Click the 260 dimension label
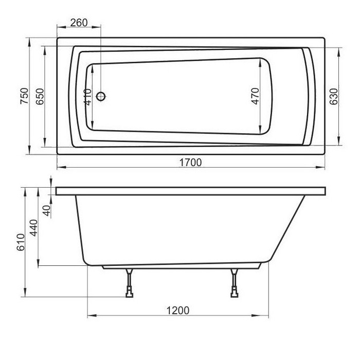(79, 23)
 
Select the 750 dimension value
(24, 96)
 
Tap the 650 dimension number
(40, 97)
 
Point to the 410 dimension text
(88, 97)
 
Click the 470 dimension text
(255, 96)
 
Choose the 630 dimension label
(334, 97)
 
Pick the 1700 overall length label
(190, 163)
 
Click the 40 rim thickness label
(47, 210)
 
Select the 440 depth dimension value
(34, 228)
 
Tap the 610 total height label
(21, 242)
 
